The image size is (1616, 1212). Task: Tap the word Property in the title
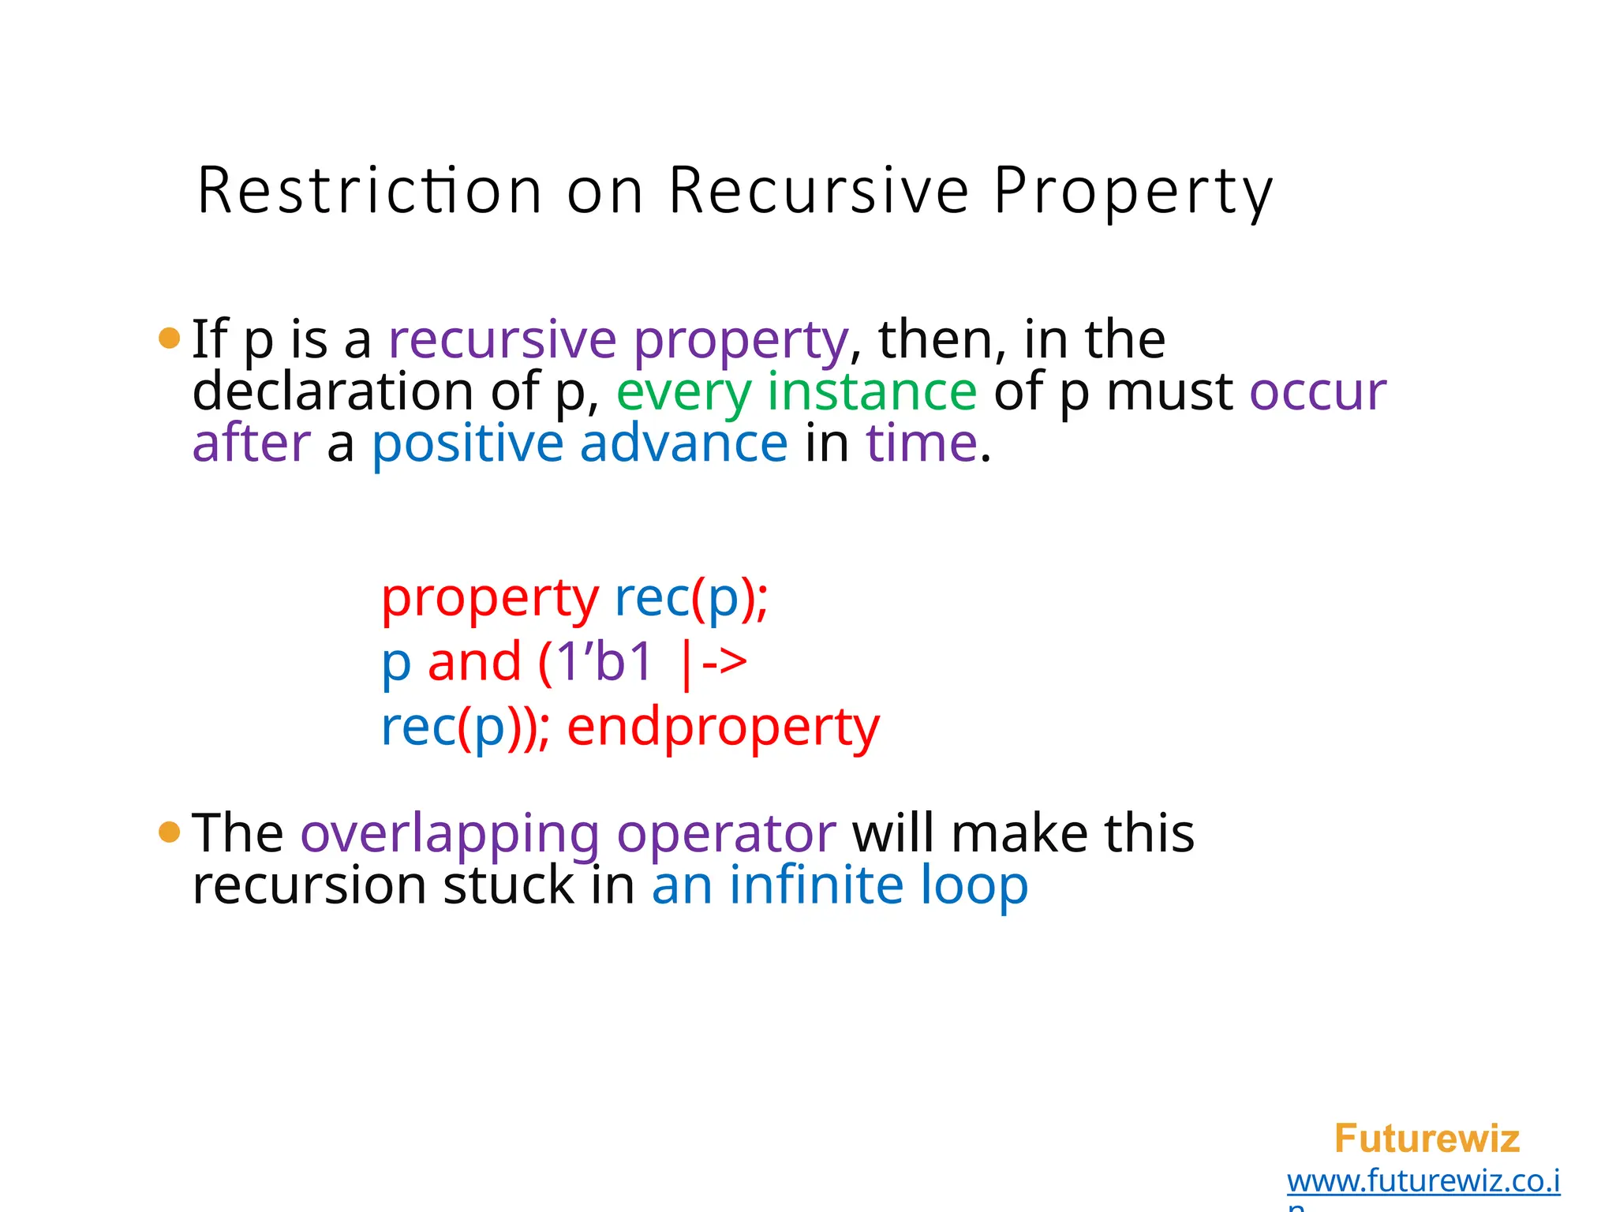tap(1133, 192)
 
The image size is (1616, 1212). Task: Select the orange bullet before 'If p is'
tap(170, 339)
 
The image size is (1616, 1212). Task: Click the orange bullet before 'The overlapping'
tap(170, 832)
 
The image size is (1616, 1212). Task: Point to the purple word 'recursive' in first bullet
tap(503, 339)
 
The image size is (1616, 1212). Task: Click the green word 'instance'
tap(872, 392)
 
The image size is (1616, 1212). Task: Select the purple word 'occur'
tap(1317, 392)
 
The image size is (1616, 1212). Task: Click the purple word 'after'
tap(252, 443)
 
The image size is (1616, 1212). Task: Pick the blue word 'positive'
tap(467, 444)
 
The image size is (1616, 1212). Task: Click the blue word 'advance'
tap(683, 443)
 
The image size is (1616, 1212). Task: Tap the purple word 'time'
tap(922, 443)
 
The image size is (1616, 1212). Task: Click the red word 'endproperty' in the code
tap(723, 728)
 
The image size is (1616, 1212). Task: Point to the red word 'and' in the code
tap(474, 662)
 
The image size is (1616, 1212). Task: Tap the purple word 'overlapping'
tap(450, 835)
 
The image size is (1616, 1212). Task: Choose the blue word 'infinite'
tap(816, 885)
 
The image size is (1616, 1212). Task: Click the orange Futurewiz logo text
tap(1426, 1139)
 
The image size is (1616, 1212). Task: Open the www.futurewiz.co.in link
tap(1423, 1182)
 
